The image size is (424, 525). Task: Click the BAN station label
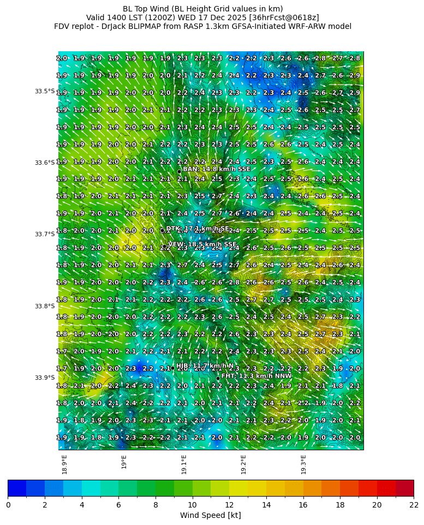(216, 169)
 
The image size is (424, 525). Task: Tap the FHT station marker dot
(218, 378)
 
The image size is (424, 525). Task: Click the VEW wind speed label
(202, 244)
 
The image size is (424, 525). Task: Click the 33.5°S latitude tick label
(45, 91)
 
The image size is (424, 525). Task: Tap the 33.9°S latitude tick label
(45, 378)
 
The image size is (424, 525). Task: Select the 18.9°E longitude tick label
(64, 464)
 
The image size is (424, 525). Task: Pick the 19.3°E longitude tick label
(303, 464)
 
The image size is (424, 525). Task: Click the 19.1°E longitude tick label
(184, 464)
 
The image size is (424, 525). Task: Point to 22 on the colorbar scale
(413, 504)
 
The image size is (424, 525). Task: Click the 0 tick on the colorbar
(8, 504)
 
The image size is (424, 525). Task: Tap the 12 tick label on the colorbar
(229, 504)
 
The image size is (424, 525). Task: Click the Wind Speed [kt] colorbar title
(210, 515)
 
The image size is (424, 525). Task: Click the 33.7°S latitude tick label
(45, 234)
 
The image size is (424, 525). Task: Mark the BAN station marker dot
(179, 171)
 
